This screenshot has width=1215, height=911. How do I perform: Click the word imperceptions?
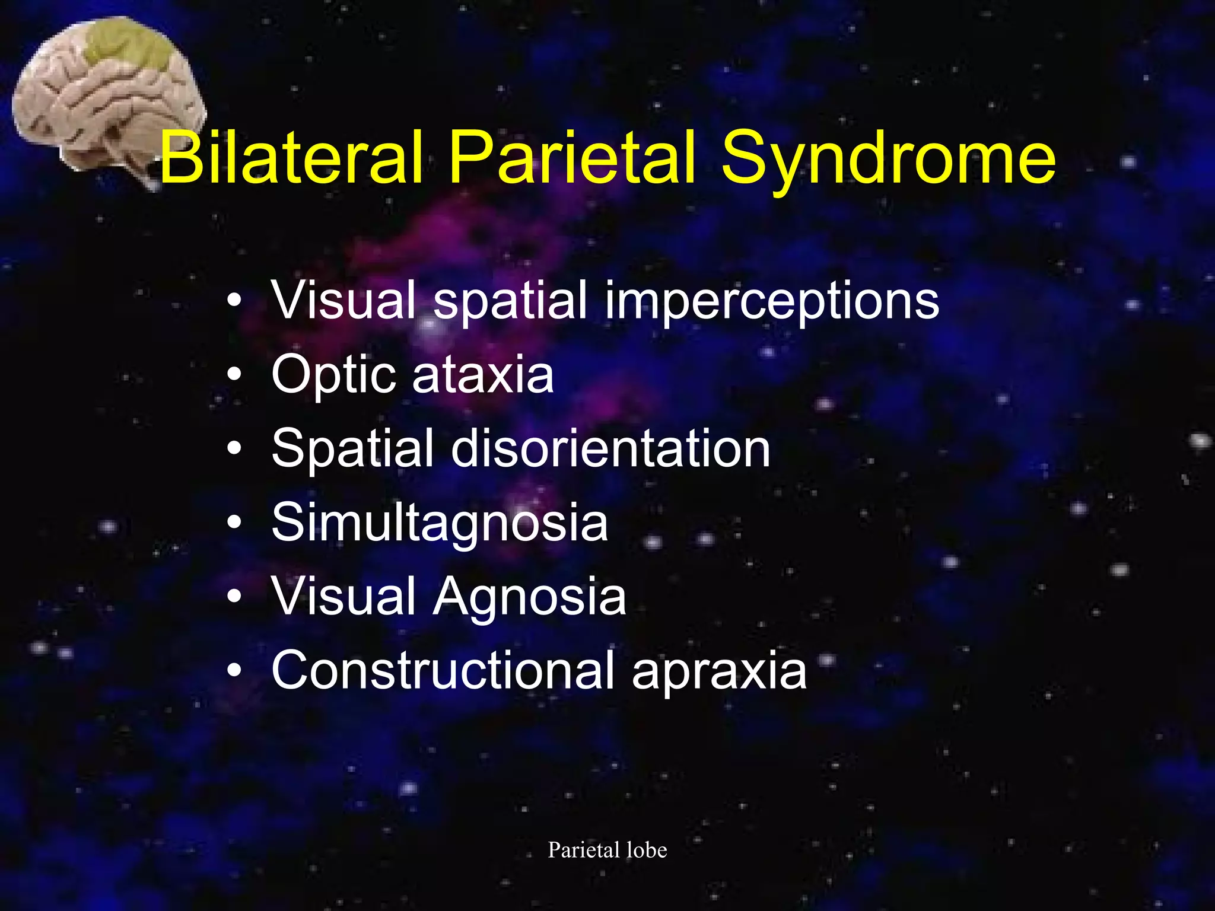tap(772, 301)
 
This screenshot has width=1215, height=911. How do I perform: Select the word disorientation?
tap(610, 449)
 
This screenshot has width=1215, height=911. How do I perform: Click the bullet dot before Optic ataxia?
tap(234, 376)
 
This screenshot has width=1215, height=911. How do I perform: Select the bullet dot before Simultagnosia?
tap(234, 523)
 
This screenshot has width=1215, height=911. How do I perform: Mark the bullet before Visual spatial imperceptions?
tap(234, 301)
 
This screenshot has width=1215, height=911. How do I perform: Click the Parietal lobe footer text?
tap(607, 850)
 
